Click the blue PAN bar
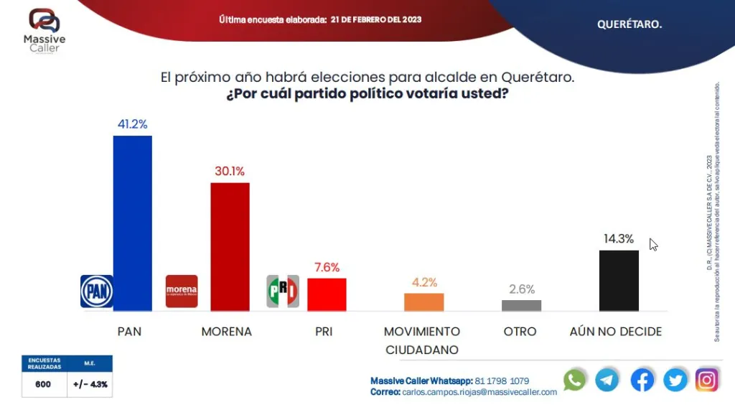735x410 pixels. [133, 223]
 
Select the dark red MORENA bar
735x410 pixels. [230, 246]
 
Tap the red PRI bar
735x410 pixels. [327, 294]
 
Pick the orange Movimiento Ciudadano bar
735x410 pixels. [423, 302]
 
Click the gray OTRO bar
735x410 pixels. [521, 305]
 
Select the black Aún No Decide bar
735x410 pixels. [619, 280]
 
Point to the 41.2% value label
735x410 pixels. [133, 124]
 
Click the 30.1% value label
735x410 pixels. [230, 171]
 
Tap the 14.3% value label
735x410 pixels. [619, 239]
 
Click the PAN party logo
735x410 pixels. [97, 291]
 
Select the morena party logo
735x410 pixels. [181, 291]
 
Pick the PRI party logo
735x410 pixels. [283, 291]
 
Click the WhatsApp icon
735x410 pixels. [574, 380]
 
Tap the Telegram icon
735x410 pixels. [607, 380]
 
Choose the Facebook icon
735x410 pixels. [642, 380]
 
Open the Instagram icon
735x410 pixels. [707, 380]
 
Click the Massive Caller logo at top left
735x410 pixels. [44, 29]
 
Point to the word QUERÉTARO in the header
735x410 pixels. [629, 24]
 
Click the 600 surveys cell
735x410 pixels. [43, 384]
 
